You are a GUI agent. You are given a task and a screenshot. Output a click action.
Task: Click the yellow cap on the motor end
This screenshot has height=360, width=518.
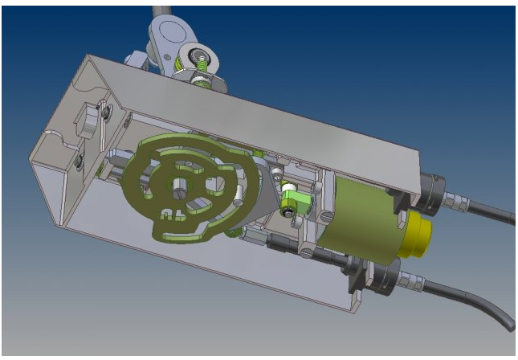click(x=419, y=233)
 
